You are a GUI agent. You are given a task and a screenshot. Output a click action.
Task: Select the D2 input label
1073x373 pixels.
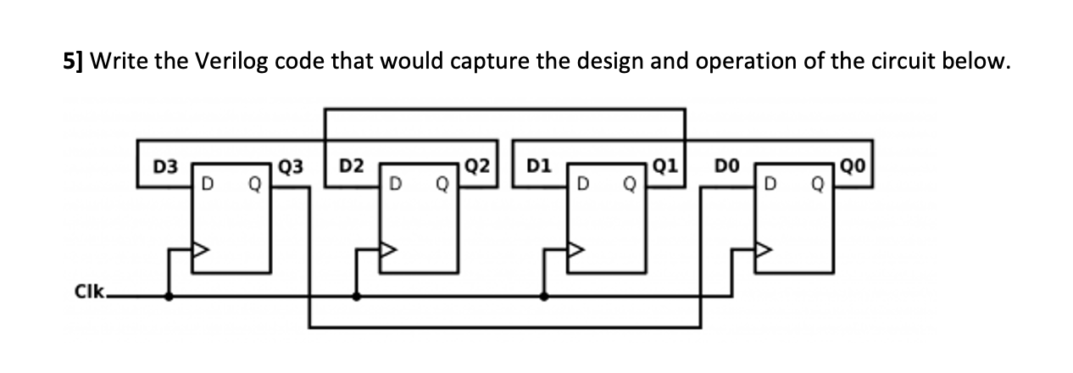pos(351,166)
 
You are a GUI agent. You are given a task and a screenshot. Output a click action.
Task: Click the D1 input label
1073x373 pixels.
pos(540,166)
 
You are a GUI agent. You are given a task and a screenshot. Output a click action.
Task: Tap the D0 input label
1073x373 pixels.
pos(730,166)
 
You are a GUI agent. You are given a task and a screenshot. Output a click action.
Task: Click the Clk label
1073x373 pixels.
pos(89,293)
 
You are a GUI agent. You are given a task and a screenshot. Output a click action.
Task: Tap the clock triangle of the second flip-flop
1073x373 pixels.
pos(389,251)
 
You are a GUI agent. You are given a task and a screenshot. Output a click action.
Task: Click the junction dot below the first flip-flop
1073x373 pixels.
pos(170,298)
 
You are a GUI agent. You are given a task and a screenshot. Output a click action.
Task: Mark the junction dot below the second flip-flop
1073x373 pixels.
pos(357,298)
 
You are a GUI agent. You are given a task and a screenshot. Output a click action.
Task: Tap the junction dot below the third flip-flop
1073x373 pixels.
pos(544,298)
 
